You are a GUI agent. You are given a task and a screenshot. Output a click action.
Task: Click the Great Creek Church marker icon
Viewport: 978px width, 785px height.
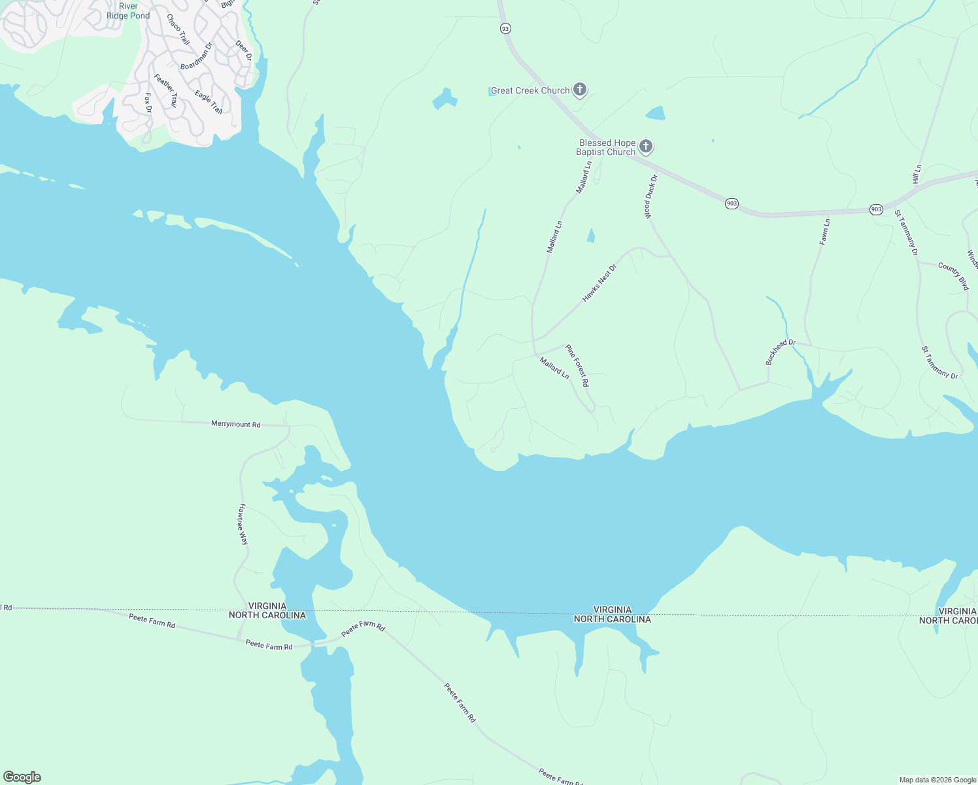click(579, 90)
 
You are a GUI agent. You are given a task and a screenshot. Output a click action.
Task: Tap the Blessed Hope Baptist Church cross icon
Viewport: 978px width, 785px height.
click(646, 147)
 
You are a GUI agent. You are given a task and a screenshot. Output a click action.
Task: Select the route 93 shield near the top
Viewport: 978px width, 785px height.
click(505, 29)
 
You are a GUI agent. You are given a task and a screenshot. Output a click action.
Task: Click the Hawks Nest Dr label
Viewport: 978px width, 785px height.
click(599, 283)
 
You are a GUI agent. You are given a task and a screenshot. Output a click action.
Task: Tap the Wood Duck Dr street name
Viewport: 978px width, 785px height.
click(650, 196)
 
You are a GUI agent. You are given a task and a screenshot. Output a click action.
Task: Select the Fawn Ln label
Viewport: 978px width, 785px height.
click(825, 232)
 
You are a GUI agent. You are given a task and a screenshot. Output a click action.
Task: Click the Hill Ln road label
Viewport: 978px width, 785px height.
click(917, 174)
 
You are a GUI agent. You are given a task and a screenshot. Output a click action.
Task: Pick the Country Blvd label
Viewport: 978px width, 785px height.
click(953, 276)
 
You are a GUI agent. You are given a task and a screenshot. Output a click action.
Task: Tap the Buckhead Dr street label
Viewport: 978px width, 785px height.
click(780, 352)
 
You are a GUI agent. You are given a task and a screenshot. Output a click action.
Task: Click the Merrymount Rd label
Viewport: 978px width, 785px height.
click(235, 424)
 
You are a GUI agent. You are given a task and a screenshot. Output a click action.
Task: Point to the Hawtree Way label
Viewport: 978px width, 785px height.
click(243, 524)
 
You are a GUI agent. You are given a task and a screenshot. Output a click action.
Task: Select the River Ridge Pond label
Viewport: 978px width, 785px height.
click(128, 11)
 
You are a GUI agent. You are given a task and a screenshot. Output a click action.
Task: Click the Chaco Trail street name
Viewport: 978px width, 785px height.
click(178, 29)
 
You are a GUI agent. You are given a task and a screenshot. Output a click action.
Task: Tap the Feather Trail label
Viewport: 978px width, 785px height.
click(165, 90)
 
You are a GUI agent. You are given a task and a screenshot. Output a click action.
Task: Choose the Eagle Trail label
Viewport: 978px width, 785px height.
click(209, 102)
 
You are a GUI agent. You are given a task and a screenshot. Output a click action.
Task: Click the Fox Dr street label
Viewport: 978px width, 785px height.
click(148, 103)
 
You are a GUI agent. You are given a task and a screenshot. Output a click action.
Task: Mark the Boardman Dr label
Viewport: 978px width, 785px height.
click(197, 57)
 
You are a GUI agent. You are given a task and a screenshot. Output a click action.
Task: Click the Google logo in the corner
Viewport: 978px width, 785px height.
click(22, 777)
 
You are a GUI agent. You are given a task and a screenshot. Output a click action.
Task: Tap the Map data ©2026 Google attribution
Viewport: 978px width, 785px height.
click(937, 780)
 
